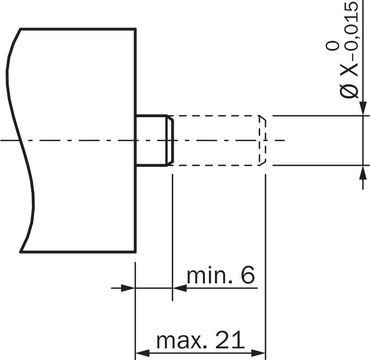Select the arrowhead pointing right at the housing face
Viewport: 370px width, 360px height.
(128, 288)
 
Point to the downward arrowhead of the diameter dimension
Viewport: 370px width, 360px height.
(363, 109)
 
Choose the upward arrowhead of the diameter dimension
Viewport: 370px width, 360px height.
(363, 172)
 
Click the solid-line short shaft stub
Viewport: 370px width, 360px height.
(153, 140)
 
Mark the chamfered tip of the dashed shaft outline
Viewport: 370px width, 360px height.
(263, 140)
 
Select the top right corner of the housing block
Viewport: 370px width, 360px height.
(136, 29)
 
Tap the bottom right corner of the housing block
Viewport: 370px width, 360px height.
(136, 252)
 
